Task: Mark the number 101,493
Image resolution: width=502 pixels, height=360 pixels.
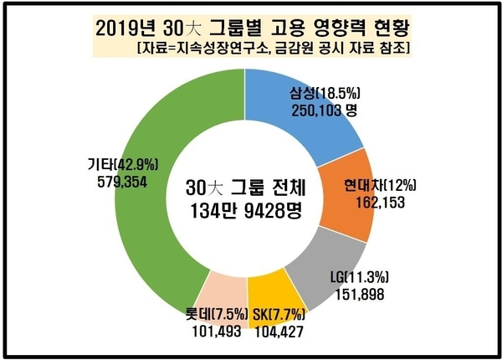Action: pyautogui.click(x=213, y=332)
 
